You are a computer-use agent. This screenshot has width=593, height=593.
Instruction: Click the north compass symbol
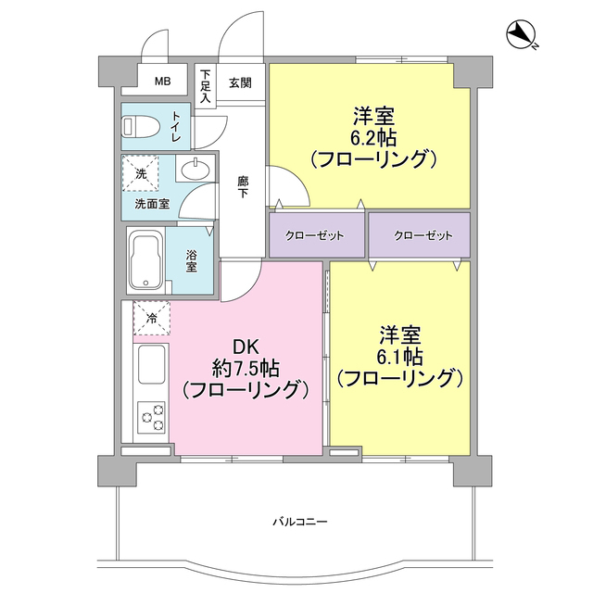pyautogui.click(x=522, y=36)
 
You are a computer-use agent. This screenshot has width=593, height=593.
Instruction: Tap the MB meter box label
pyautogui.click(x=162, y=82)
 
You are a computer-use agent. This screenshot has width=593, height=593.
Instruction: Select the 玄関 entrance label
pyautogui.click(x=240, y=82)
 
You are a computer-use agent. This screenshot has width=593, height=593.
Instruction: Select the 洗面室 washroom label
pyautogui.click(x=152, y=203)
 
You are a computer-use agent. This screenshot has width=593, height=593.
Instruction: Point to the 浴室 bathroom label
pyautogui.click(x=191, y=261)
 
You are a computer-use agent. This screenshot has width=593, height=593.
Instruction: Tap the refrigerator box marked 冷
pyautogui.click(x=151, y=318)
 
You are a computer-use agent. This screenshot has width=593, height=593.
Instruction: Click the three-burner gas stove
pyautogui.click(x=151, y=417)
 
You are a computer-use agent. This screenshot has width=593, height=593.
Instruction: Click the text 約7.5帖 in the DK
pyautogui.click(x=244, y=368)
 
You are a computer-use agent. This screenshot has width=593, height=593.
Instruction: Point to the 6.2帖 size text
pyautogui.click(x=372, y=137)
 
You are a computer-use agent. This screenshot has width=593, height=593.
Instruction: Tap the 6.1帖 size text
pyautogui.click(x=399, y=356)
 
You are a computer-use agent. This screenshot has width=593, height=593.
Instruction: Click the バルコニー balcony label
pyautogui.click(x=295, y=521)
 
